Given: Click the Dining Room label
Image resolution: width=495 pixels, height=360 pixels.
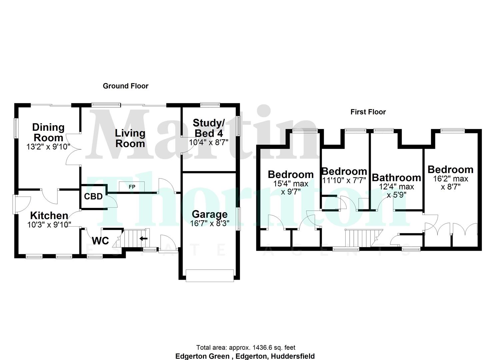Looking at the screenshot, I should point(48,132).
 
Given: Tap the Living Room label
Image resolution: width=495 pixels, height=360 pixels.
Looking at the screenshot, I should point(130,138).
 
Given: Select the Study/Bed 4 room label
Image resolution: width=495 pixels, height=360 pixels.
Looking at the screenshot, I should point(209,128).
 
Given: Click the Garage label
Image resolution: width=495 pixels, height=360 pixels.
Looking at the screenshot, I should point(210,214).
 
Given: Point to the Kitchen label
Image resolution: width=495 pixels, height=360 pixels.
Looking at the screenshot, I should point(49,215).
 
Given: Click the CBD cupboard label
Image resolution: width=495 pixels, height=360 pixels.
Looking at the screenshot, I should point(93,196).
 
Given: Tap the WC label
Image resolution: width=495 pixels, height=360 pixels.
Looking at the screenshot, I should point(100,240).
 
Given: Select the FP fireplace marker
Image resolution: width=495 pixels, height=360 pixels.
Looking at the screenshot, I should point(132,187).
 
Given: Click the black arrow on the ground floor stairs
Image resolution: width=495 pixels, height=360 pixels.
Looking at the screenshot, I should point(143,238).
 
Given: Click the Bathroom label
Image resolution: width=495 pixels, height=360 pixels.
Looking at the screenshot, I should point(396,177).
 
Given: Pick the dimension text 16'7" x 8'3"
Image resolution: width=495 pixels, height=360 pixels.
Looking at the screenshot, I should point(210,223).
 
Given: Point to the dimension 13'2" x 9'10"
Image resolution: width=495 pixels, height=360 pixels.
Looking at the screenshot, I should point(49,146).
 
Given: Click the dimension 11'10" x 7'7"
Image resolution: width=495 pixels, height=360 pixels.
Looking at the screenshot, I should point(344,180).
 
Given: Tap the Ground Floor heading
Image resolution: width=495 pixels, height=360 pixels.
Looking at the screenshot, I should point(125,86).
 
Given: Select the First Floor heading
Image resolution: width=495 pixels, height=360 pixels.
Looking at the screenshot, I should point(368,112).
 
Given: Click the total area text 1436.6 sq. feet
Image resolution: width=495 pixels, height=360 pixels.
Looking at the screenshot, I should point(246,348).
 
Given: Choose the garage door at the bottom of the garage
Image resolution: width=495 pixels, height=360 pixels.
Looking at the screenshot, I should point(210,276).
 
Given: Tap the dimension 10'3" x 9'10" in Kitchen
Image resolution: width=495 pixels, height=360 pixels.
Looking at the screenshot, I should point(49,225).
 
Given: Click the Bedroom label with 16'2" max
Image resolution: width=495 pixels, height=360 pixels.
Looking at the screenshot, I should point(450,169).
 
